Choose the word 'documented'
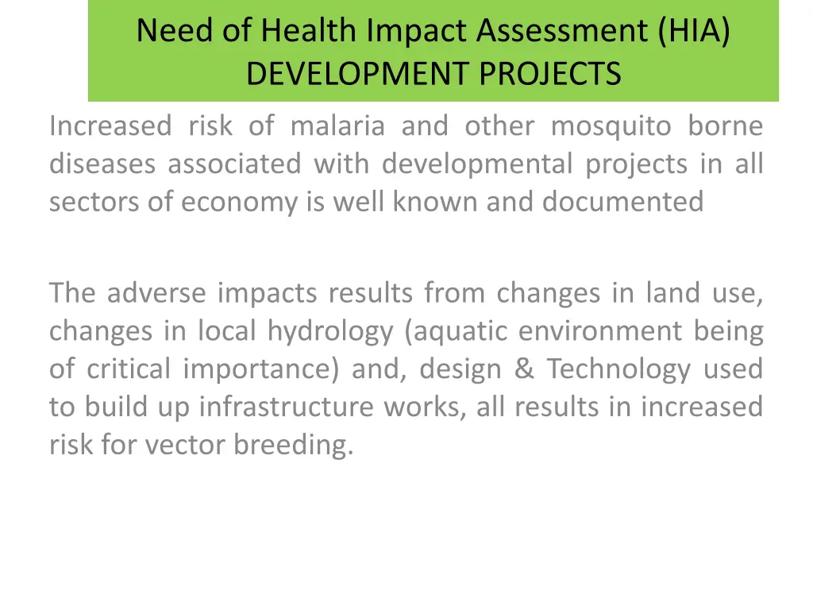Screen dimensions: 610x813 point(623,202)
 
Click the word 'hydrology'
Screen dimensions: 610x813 point(329,331)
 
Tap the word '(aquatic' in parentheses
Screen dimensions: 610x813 point(456,331)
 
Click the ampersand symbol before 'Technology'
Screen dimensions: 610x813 point(524,369)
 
